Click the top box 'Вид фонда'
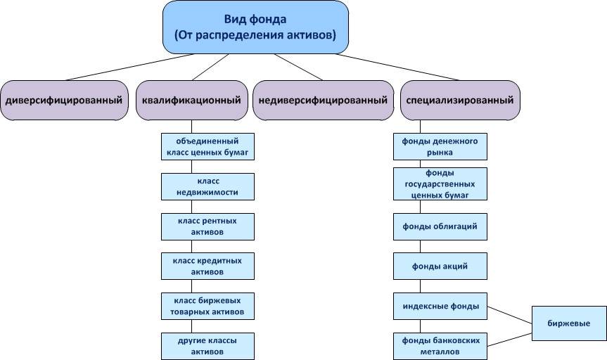255,27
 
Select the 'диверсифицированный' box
63,101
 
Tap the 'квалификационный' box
191,101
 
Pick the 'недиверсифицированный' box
323,101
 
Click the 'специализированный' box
460,101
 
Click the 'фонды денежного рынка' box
440,146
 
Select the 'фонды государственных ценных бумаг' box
440,184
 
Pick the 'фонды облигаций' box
440,226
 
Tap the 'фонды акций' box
440,266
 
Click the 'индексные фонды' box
440,306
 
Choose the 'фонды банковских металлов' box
440,345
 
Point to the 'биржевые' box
568,323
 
